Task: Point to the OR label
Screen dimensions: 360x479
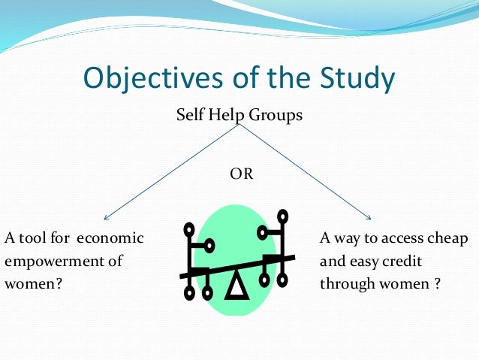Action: [241, 174]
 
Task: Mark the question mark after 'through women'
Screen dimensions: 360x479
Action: [436, 285]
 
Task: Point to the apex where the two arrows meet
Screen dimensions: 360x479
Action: [240, 126]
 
